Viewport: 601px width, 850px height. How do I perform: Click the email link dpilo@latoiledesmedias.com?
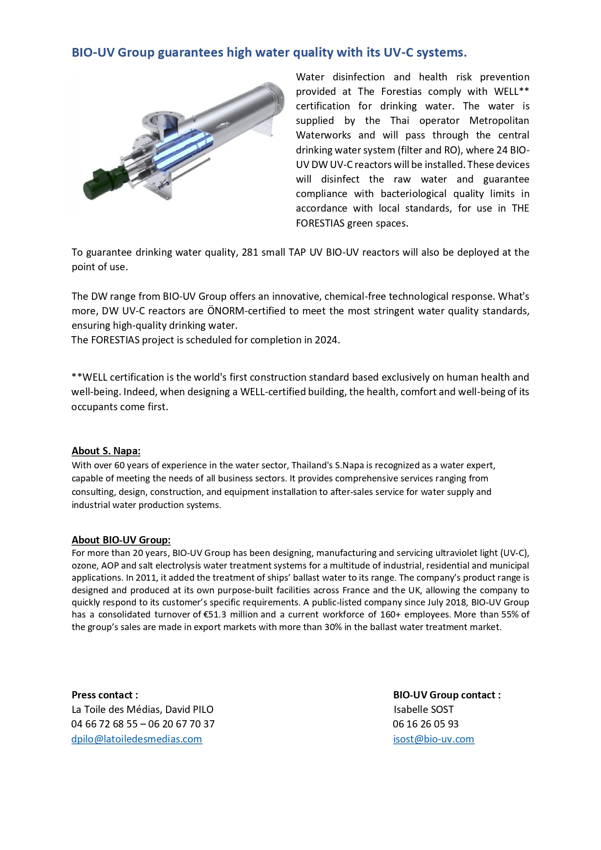pyautogui.click(x=137, y=739)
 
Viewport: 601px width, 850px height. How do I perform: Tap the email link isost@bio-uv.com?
pyautogui.click(x=433, y=739)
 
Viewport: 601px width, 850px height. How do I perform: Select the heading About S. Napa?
pyautogui.click(x=106, y=451)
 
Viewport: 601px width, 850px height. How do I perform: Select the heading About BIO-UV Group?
pyautogui.click(x=121, y=540)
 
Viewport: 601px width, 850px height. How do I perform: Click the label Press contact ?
pyautogui.click(x=105, y=695)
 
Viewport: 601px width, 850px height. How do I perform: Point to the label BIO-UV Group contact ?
pyautogui.click(x=447, y=695)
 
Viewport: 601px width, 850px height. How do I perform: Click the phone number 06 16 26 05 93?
pyautogui.click(x=426, y=724)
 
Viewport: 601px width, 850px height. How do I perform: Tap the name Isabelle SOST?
pyautogui.click(x=424, y=710)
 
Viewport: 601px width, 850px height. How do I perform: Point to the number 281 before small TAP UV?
pyautogui.click(x=250, y=252)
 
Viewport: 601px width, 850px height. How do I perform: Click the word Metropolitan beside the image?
pyautogui.click(x=499, y=121)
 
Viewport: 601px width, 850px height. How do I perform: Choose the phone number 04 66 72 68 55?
pyautogui.click(x=105, y=724)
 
